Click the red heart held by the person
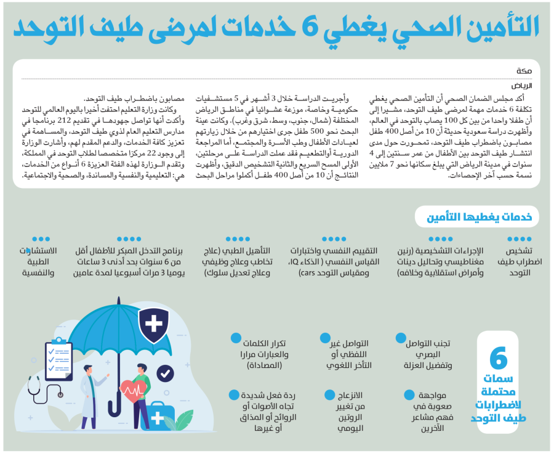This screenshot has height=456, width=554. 134,391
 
